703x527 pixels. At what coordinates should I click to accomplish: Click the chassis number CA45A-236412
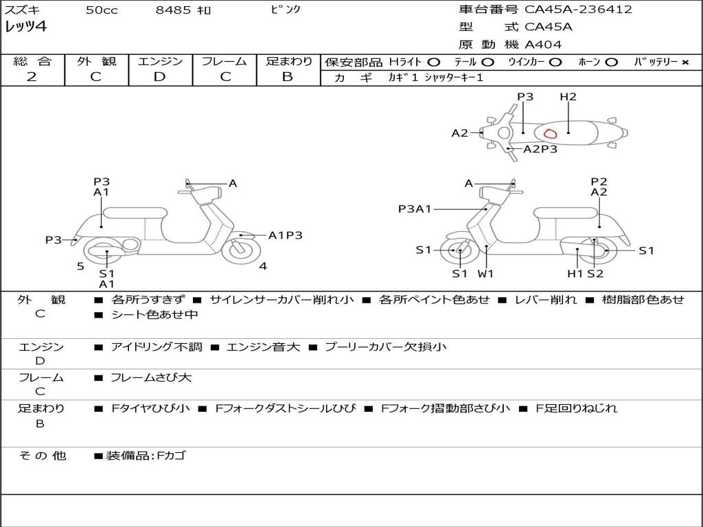pos(578,10)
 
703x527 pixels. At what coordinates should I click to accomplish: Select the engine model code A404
pos(543,45)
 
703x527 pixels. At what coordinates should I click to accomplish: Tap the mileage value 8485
pos(173,10)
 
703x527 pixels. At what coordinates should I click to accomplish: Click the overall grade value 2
pos(32,77)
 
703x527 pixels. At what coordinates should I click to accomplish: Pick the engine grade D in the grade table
pos(159,77)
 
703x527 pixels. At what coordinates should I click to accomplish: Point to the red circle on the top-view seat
pos(550,133)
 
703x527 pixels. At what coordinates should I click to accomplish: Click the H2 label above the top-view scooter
pos(568,96)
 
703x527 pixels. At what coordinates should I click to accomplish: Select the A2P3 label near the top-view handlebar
pos(540,149)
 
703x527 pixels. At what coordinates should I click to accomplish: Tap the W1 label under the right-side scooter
pos(485,273)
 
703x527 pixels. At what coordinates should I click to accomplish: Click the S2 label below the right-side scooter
pos(595,273)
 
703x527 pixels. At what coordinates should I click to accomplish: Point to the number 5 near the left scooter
pos(80,266)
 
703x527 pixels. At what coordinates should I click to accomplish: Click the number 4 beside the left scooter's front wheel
pos(263,266)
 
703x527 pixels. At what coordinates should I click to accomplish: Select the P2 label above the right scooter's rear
pos(599,181)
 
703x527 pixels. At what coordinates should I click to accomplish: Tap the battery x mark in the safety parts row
pos(685,62)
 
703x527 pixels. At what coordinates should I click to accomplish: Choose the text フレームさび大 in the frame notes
pos(151,377)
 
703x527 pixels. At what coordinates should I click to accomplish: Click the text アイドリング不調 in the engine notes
pos(157,347)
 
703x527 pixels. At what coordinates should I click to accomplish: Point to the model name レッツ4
pos(25,27)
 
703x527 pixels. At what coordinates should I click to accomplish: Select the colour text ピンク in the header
pos(285,9)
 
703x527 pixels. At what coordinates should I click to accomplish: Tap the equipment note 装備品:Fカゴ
pos(146,456)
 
